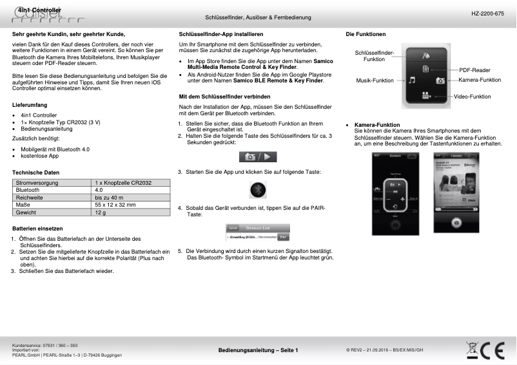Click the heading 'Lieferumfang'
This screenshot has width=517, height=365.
click(x=30, y=104)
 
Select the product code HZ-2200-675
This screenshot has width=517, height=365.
click(x=488, y=14)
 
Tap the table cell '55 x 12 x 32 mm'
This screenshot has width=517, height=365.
click(x=115, y=205)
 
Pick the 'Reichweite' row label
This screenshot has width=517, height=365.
click(x=30, y=198)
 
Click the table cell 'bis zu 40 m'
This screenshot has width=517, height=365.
click(x=109, y=198)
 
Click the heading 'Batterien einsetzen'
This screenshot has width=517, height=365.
click(x=37, y=229)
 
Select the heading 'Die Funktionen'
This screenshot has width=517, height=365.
click(x=366, y=33)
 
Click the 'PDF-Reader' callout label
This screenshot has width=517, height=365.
click(x=474, y=70)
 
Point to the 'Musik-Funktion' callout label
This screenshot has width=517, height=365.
click(x=375, y=80)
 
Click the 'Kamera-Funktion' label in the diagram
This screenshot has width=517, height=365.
click(x=480, y=80)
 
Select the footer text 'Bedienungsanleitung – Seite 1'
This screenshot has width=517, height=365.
click(x=258, y=350)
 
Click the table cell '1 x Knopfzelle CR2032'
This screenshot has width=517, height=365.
click(x=123, y=183)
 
